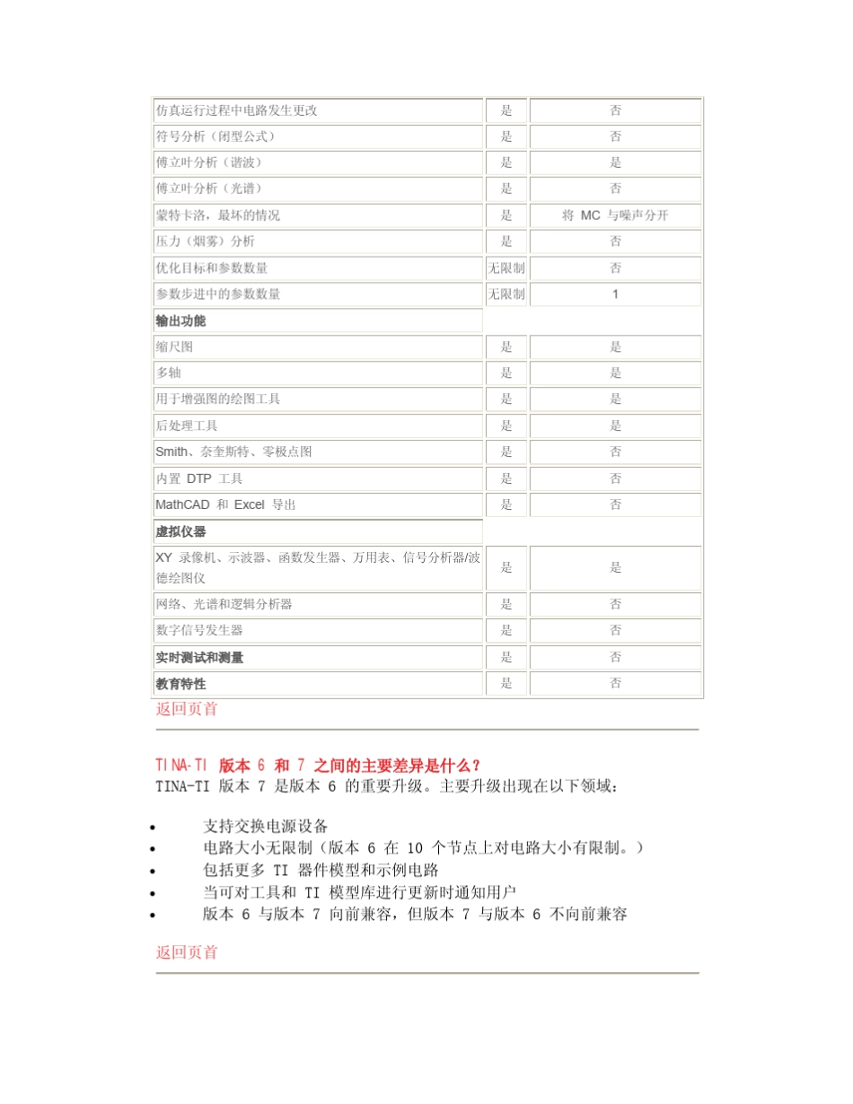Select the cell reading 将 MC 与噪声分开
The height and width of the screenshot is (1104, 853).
pyautogui.click(x=615, y=215)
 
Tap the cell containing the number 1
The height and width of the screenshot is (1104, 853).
pyautogui.click(x=615, y=294)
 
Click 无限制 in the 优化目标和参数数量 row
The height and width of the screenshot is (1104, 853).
pyautogui.click(x=506, y=267)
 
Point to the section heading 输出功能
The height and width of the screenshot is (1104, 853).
pyautogui.click(x=180, y=320)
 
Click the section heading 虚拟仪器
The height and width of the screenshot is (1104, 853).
pyautogui.click(x=180, y=531)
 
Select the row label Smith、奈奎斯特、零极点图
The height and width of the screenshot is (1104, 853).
pyautogui.click(x=233, y=451)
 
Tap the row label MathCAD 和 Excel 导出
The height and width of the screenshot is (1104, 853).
pyautogui.click(x=225, y=504)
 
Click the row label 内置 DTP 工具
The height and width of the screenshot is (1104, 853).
pyautogui.click(x=198, y=478)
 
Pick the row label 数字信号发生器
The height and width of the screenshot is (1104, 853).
pyautogui.click(x=199, y=630)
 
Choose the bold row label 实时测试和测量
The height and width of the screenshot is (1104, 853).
pyautogui.click(x=199, y=657)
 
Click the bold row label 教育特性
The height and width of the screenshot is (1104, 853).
pyautogui.click(x=180, y=683)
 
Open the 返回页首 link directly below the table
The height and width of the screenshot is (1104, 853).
pyautogui.click(x=187, y=709)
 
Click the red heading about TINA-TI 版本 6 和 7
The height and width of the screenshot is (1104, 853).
pyautogui.click(x=318, y=766)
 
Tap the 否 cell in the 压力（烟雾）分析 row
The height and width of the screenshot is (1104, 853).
pyautogui.click(x=615, y=241)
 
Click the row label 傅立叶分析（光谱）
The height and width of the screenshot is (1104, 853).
pyautogui.click(x=208, y=188)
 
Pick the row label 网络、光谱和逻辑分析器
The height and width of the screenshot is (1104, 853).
pyautogui.click(x=224, y=604)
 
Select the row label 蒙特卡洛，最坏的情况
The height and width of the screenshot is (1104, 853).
pyautogui.click(x=217, y=215)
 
